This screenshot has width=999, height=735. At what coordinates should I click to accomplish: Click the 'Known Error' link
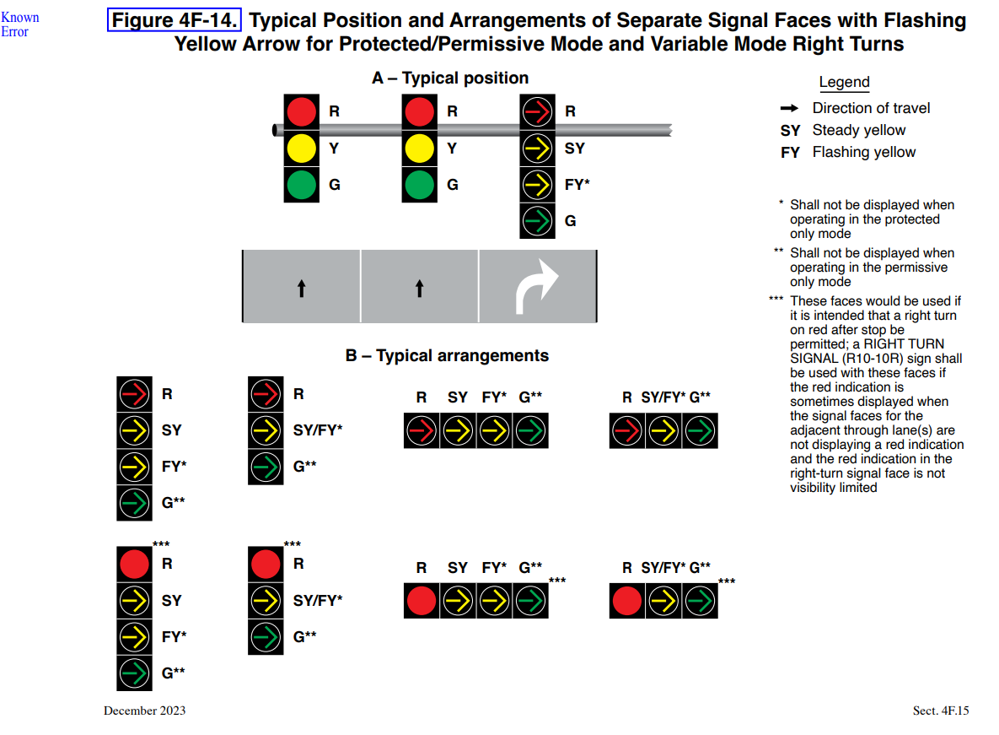tap(19, 24)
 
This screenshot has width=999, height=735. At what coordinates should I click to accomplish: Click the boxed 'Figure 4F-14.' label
tap(175, 20)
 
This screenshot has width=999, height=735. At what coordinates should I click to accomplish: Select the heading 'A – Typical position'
tap(450, 78)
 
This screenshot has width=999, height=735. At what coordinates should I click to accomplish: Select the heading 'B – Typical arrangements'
tap(447, 356)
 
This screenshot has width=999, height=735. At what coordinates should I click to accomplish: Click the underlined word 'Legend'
tap(844, 83)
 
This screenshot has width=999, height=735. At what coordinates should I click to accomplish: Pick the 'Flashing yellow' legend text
tap(863, 152)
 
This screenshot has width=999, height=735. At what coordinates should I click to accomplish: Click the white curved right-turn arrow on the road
tap(537, 286)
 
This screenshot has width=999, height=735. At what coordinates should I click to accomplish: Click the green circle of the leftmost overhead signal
tap(301, 184)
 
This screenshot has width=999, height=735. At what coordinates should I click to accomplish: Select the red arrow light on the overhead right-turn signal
tap(537, 111)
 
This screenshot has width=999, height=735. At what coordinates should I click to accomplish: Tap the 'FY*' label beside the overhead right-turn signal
tap(577, 184)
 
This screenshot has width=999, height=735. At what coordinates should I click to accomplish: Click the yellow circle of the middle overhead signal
tap(419, 148)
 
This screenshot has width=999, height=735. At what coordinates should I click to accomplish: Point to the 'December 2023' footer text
tap(144, 711)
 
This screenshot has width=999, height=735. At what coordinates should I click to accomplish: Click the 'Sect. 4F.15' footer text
tap(941, 711)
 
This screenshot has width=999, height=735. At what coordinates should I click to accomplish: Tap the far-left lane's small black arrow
tap(301, 289)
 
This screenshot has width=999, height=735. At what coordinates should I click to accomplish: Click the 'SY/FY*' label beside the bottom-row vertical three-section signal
tap(318, 601)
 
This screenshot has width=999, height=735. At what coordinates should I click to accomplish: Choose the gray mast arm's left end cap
tap(275, 130)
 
